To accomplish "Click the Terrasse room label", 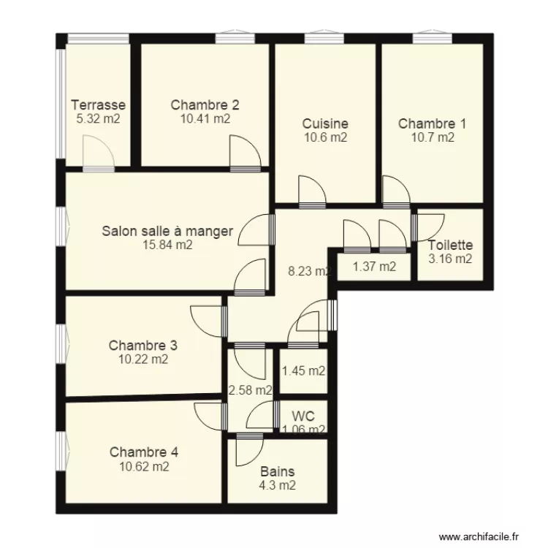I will point(99,105).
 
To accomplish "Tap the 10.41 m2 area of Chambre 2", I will point(205,118).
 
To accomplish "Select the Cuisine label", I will point(325,124).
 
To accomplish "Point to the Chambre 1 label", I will point(432,124).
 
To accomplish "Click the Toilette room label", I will point(450,246).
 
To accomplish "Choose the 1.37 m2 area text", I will point(374,267).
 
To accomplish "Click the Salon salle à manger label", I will point(167,232).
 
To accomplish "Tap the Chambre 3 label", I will point(143,345).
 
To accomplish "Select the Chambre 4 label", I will point(144,452).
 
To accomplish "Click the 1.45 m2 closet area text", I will point(303,370).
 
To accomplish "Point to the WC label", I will point(304,416).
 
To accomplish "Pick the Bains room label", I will point(278,471).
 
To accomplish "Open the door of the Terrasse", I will point(97,156).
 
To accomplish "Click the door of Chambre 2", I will point(245,156).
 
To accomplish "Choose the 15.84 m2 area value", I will point(168,246).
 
